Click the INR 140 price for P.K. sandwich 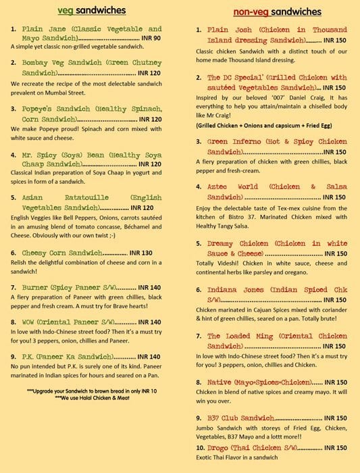(x=145, y=356)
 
